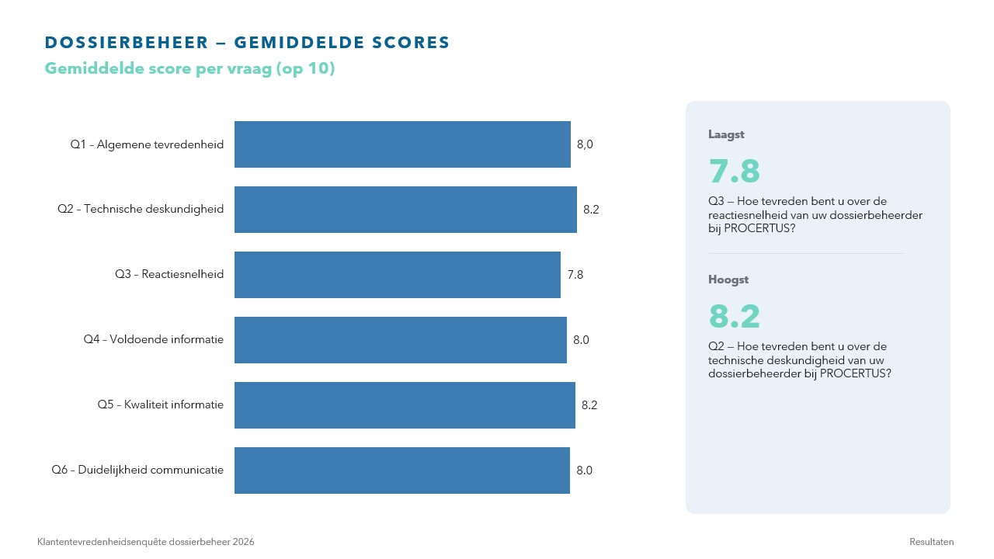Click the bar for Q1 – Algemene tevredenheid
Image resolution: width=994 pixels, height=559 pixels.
point(402,144)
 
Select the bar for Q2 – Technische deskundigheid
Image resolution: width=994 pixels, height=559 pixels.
point(405,210)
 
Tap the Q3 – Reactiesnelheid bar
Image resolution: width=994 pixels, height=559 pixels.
point(398,275)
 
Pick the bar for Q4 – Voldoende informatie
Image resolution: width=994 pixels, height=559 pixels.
point(401,340)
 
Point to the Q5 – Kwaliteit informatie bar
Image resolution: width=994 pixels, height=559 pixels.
point(405,405)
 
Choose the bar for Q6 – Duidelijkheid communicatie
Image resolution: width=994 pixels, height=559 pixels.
point(402,470)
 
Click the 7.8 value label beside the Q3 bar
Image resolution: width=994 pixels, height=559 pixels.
point(575,275)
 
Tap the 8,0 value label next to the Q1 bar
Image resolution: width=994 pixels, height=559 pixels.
point(585,144)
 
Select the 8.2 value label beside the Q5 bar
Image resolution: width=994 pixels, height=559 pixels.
point(589,405)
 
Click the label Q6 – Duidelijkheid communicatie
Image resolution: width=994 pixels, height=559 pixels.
point(137,470)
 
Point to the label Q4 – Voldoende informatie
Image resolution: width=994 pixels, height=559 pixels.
point(154,339)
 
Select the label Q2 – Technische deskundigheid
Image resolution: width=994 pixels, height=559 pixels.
point(141,209)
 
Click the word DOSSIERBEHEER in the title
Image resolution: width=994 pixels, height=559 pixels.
point(127,43)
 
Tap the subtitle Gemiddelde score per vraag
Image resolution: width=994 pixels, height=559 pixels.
point(158,69)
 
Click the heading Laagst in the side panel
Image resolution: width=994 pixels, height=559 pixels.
point(726,134)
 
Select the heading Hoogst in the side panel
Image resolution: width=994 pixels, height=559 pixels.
point(728,279)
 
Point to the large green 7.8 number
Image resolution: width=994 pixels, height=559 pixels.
point(735,171)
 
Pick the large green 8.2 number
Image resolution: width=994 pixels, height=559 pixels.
point(735,316)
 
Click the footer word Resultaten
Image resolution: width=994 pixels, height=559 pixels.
point(931,542)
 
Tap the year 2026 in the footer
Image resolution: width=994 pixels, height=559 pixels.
point(244,542)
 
